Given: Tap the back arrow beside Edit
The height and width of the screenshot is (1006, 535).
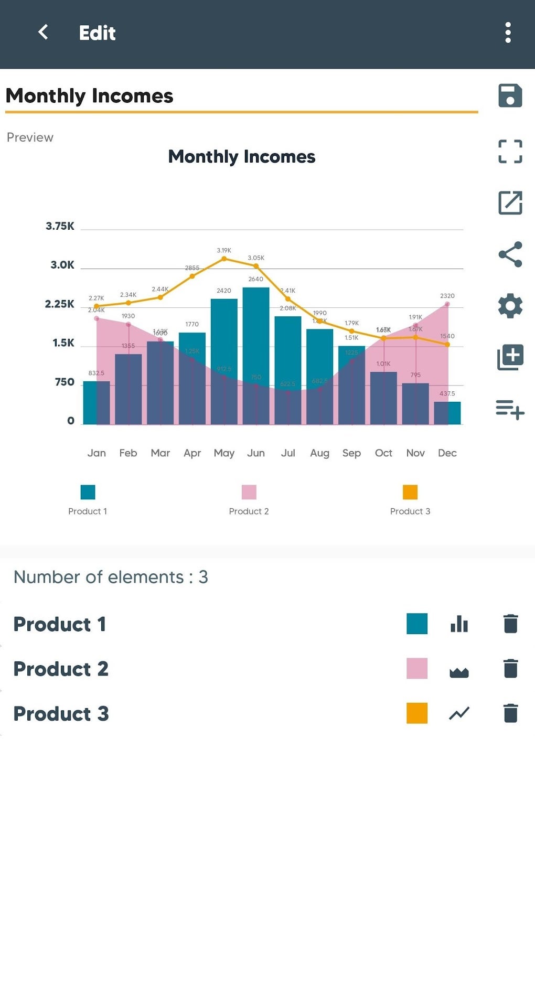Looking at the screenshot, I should (44, 33).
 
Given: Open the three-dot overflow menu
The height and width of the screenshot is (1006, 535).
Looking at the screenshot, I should (508, 33).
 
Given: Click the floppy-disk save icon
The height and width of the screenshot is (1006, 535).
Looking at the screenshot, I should (510, 95).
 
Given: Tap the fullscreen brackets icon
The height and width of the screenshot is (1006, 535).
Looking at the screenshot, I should (510, 152).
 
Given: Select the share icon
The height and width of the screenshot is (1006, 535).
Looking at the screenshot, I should (510, 254).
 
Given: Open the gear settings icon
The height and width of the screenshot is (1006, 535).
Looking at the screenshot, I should (510, 306).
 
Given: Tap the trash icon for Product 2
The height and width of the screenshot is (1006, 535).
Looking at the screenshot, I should (510, 669).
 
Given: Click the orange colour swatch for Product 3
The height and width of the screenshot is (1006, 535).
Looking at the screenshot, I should (416, 713).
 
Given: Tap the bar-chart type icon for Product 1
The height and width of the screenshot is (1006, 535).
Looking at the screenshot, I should (459, 624).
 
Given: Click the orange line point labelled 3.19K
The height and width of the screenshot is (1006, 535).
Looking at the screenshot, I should (224, 259).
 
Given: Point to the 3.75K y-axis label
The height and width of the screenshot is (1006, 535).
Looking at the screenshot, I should (60, 226).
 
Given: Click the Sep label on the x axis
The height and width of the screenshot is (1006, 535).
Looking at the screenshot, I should (351, 453).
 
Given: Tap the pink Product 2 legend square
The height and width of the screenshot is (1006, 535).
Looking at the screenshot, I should (249, 492).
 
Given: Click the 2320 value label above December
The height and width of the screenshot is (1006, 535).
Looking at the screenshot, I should (447, 296).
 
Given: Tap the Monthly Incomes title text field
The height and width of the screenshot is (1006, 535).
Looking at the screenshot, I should (241, 96).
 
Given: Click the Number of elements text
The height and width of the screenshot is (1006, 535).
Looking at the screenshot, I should (111, 577).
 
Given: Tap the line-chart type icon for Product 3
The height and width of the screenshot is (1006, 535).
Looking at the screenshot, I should (459, 713).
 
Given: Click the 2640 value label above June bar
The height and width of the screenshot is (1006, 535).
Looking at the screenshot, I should (256, 279).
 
